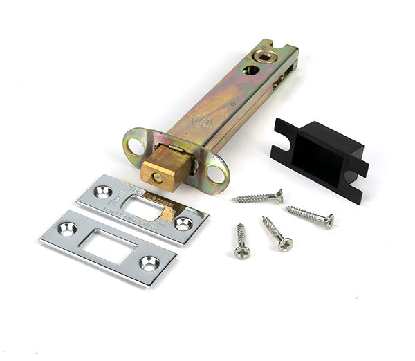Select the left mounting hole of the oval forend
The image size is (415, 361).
pos(134,146)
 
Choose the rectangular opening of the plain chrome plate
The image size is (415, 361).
pos(109,245)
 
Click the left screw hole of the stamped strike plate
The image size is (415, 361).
pos(104,191)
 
